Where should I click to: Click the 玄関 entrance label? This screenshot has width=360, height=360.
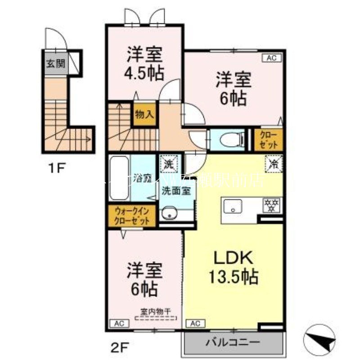click(55, 63)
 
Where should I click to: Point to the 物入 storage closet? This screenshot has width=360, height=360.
click(144, 115)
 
